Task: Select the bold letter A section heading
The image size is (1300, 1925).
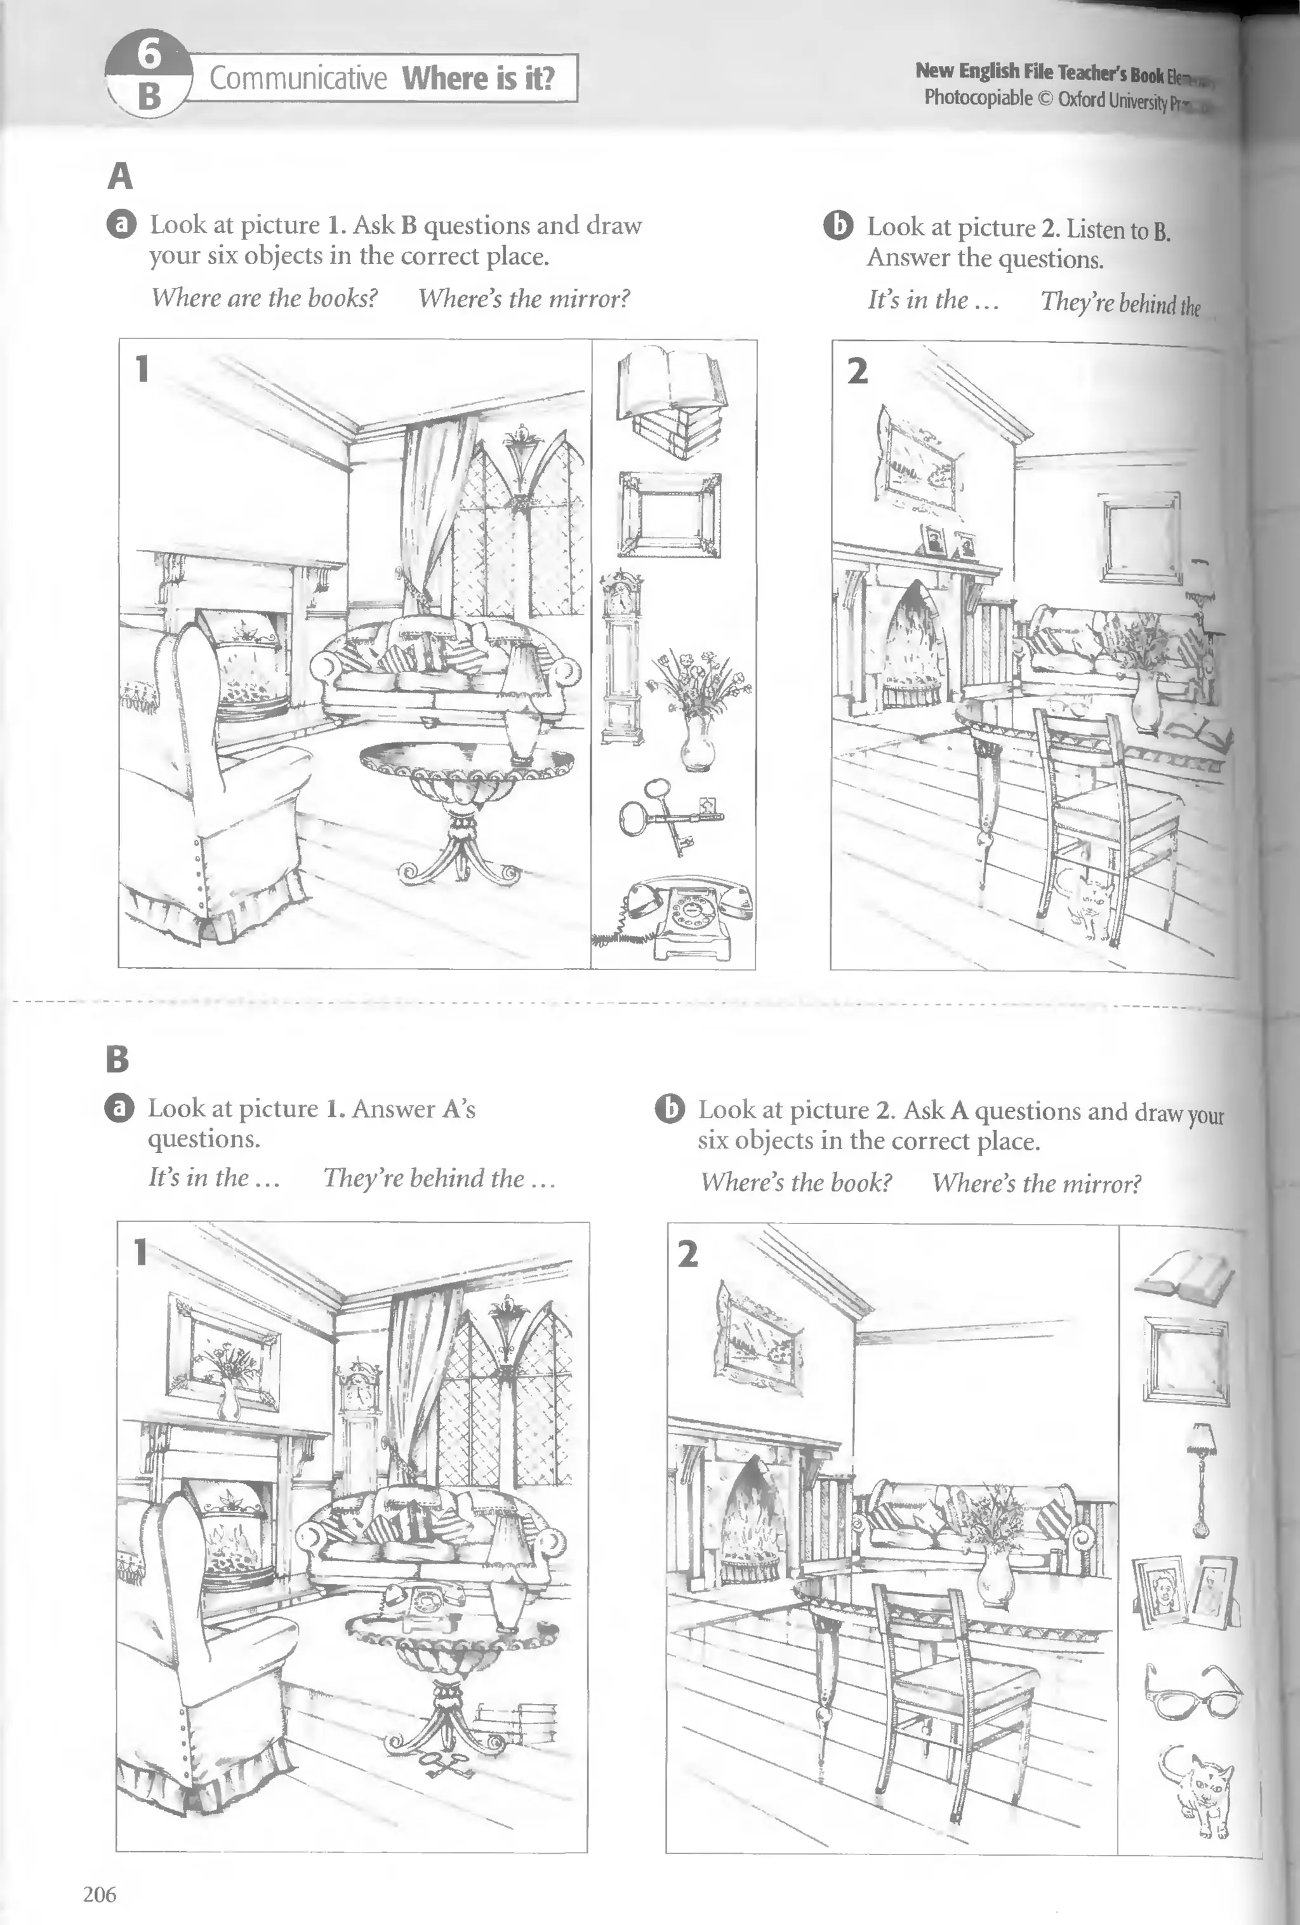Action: (x=120, y=176)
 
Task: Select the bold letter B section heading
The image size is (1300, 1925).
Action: (x=117, y=1058)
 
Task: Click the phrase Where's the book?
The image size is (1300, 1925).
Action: (x=796, y=1182)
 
